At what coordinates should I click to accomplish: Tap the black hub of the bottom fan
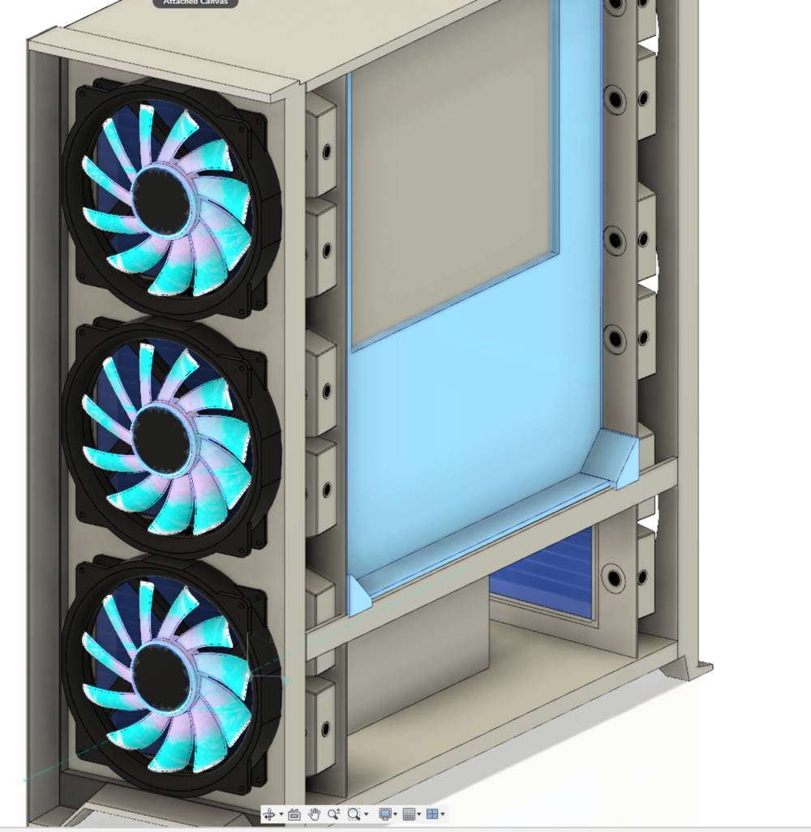162,672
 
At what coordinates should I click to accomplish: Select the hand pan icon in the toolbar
314,814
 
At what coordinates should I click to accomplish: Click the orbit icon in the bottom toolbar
269,814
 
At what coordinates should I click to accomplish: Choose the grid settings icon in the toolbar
409,814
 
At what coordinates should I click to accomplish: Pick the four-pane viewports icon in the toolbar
432,814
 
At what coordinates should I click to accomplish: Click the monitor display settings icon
385,814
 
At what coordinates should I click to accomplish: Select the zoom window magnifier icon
354,814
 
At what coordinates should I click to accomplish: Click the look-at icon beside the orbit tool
294,814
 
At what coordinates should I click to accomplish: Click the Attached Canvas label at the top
195,2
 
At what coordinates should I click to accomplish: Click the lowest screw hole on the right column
614,578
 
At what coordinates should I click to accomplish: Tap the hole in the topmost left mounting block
327,152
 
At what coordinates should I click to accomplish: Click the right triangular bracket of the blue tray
616,459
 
